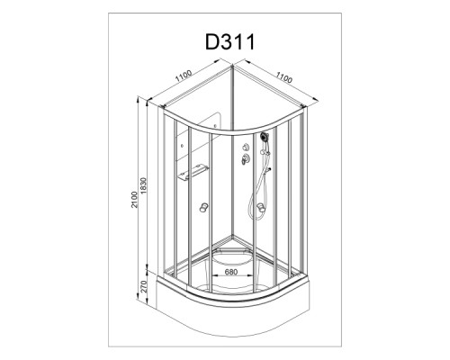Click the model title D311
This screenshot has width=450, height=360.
pos(230,41)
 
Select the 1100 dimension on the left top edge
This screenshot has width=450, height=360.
pos(184,76)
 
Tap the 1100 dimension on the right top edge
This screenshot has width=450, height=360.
pos(283,77)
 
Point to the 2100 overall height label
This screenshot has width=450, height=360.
pos(134,199)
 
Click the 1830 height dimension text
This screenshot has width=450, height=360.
pos(143,185)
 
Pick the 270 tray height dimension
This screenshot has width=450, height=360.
pos(143,286)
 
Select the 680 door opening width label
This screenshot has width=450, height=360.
pos(231,272)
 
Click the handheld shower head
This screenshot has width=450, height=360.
pos(265,137)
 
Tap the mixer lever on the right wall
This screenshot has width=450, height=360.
pos(245,158)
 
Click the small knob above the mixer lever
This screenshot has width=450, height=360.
pos(246,147)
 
